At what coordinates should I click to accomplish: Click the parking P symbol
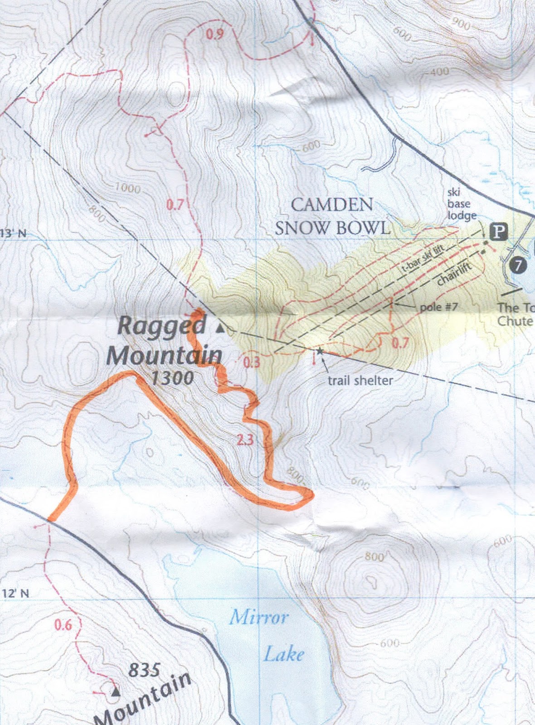(499, 232)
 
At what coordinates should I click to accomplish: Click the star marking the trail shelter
(320, 350)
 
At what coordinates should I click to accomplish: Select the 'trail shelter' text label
(360, 380)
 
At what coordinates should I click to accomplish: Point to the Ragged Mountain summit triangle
(220, 329)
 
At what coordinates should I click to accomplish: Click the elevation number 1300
(172, 377)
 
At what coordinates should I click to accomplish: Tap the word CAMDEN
(331, 204)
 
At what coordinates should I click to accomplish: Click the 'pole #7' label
(438, 307)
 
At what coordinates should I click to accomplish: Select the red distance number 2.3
(244, 439)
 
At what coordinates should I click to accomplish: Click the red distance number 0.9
(214, 34)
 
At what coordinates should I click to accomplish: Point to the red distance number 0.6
(63, 625)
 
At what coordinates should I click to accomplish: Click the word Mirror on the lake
(258, 617)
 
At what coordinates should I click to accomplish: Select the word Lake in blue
(284, 654)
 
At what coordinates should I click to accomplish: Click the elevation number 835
(144, 670)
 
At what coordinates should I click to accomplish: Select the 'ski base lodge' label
(461, 204)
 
